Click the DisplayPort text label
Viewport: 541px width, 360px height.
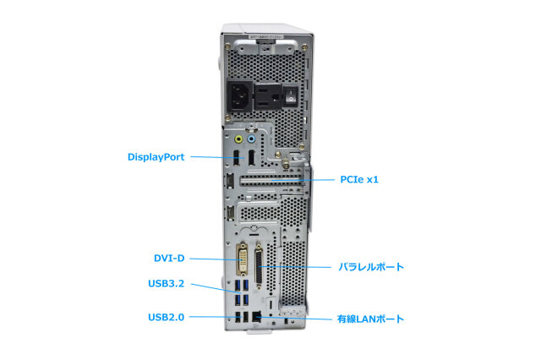[157, 156]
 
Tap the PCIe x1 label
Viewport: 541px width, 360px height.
[359, 179]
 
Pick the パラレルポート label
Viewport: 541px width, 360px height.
[371, 267]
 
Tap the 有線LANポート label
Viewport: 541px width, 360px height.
[371, 319]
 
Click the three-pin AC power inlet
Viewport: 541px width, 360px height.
[239, 95]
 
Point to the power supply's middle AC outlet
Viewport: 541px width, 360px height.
[272, 95]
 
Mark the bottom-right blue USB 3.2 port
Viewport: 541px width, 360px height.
[247, 302]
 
